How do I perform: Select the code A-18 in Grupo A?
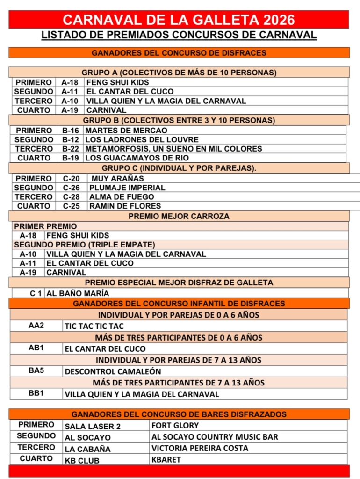(70, 82)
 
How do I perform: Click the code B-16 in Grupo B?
(70, 131)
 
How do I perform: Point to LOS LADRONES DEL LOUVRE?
(142, 140)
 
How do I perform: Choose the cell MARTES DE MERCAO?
(126, 131)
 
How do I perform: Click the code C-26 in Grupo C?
(71, 188)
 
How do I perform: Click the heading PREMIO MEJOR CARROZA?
(179, 216)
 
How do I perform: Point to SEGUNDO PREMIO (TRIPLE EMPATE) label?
(84, 245)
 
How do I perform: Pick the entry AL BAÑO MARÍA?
(78, 293)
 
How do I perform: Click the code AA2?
(36, 325)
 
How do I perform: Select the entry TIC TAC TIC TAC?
(94, 326)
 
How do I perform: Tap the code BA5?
(36, 370)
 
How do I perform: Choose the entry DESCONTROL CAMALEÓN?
(113, 371)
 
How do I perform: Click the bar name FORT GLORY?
(175, 426)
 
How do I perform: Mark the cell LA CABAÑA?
(88, 449)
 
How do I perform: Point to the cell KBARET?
(166, 460)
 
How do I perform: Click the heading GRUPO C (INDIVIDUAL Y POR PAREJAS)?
(179, 168)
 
